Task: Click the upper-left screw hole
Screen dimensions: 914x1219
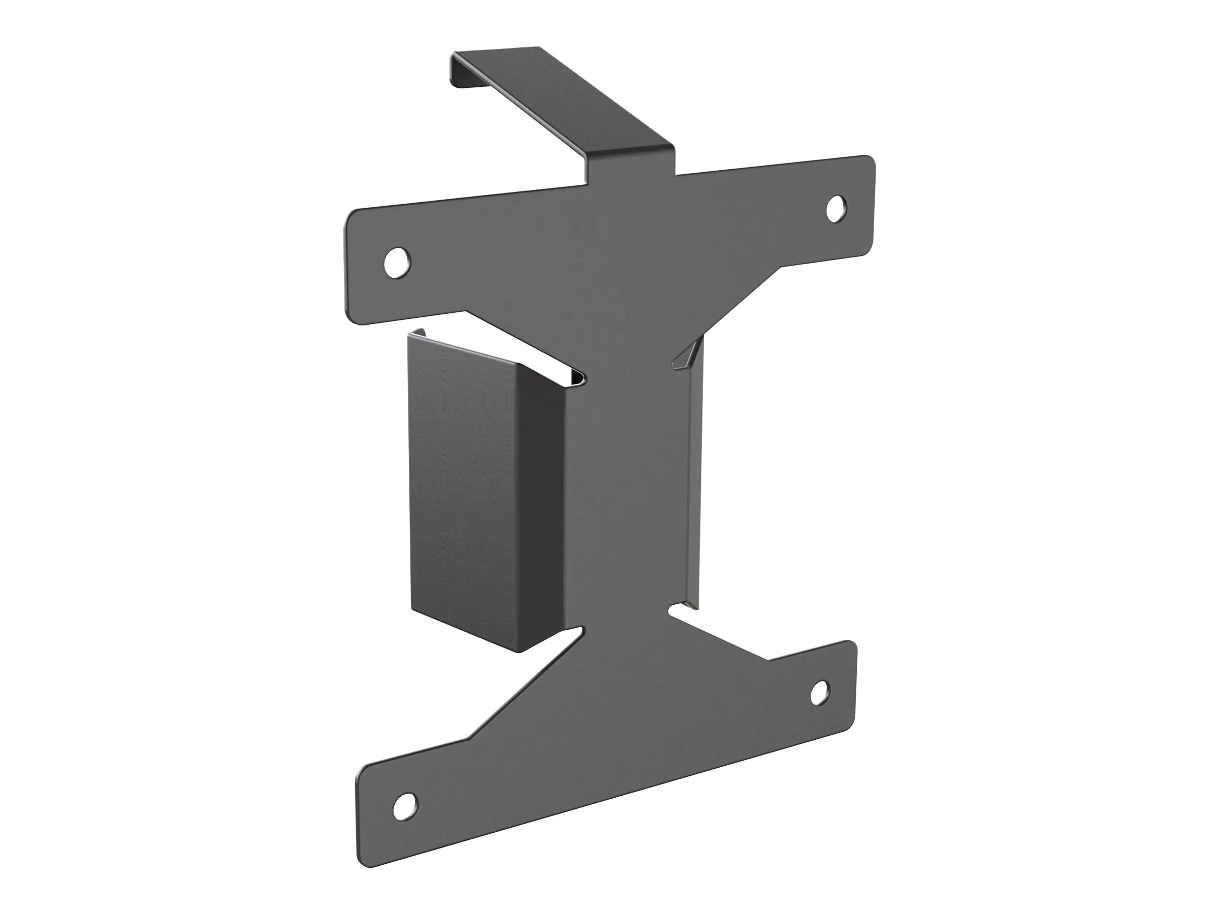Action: [x=397, y=263]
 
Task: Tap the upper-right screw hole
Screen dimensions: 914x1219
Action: [x=837, y=209]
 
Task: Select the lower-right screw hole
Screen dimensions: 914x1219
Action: [x=820, y=693]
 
